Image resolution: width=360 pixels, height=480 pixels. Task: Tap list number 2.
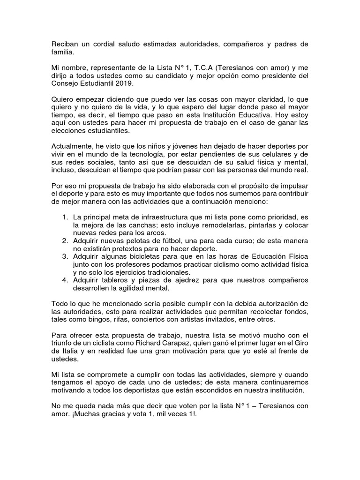coord(65,240)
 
